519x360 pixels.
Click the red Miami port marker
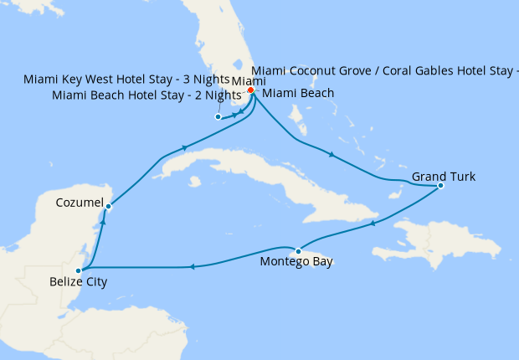pyautogui.click(x=250, y=90)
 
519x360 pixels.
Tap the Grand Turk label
pyautogui.click(x=443, y=177)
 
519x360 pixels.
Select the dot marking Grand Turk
pyautogui.click(x=440, y=186)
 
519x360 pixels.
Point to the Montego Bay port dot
pyautogui.click(x=298, y=251)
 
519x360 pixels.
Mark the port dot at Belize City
pyautogui.click(x=78, y=270)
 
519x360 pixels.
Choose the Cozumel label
pyautogui.click(x=80, y=203)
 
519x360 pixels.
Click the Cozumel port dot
pyautogui.click(x=109, y=206)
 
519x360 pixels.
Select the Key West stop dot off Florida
pyautogui.click(x=218, y=117)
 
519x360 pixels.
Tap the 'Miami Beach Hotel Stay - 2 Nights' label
pyautogui.click(x=140, y=95)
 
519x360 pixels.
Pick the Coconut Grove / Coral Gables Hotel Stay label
pyautogui.click(x=385, y=70)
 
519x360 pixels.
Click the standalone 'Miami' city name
pyautogui.click(x=248, y=81)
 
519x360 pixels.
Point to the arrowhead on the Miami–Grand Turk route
pyautogui.click(x=331, y=155)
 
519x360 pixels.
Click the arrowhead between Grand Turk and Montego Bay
pyautogui.click(x=371, y=223)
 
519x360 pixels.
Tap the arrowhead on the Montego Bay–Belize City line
pyautogui.click(x=192, y=267)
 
